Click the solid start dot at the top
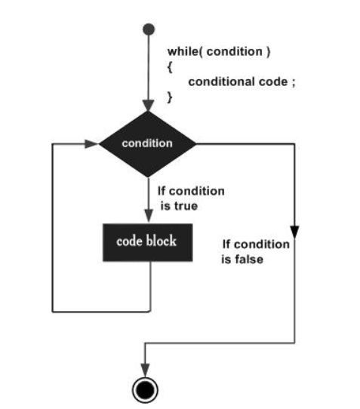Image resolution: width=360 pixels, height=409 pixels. coord(149,29)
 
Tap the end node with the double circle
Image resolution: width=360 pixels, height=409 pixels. coord(145,390)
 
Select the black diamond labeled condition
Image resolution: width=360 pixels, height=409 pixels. coord(148,143)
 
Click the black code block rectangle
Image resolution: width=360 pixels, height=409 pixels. coord(148,242)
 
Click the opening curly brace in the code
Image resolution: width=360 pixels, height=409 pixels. coord(170,67)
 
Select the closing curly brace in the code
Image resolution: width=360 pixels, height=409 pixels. coord(170,97)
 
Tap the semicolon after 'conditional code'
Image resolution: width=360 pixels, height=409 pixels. coord(294,83)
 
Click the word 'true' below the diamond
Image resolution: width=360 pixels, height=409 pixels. coord(186,206)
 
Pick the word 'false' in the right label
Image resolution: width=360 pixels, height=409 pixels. coord(249,260)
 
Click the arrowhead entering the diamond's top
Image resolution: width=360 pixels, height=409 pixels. coord(148,106)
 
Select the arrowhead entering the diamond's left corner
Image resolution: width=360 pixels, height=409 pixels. coord(91,143)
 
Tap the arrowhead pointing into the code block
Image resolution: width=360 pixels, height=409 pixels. coord(149,216)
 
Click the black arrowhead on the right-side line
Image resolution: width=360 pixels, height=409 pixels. coord(295,232)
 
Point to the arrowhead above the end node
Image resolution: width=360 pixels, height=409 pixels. coord(145,370)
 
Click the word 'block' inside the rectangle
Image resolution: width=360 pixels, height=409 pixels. coord(161,241)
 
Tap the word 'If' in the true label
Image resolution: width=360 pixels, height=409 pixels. coord(162,191)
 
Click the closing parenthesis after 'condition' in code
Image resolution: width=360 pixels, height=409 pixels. coord(268,52)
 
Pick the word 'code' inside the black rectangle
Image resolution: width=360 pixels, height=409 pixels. coord(130,241)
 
